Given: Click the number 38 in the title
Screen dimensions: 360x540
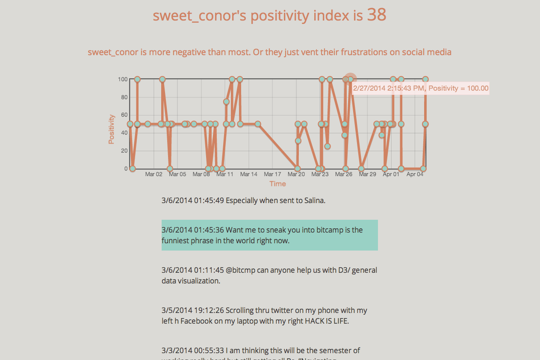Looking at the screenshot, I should [x=376, y=15].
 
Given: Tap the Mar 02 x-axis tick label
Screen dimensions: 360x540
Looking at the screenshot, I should [x=153, y=174].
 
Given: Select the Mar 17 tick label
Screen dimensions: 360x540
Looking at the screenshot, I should [x=272, y=174].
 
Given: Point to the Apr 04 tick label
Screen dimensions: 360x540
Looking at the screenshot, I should [x=415, y=174].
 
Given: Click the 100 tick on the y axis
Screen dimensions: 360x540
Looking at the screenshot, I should [x=123, y=79].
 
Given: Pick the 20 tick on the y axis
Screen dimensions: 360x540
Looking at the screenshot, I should [x=124, y=150].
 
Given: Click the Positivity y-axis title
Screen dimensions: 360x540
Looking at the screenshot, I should [x=112, y=129].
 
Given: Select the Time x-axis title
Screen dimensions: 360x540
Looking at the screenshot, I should [x=277, y=184].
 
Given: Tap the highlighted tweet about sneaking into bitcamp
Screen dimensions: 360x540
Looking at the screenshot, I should [x=269, y=235].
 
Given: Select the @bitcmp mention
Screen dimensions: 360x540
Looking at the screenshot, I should [x=240, y=270].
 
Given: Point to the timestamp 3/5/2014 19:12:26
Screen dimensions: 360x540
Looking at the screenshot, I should [x=192, y=310].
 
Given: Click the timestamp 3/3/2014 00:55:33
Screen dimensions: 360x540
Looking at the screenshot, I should [x=192, y=350].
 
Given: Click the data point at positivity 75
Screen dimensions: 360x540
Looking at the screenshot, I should [x=226, y=102].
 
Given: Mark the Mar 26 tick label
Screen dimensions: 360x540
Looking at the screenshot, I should [x=344, y=174].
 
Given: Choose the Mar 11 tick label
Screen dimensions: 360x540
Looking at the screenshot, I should [x=225, y=174].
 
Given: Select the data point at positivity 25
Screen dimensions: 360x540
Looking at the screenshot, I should [x=328, y=146].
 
